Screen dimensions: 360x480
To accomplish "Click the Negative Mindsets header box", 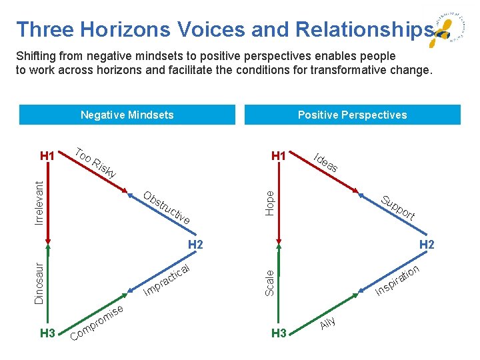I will coord(127,115).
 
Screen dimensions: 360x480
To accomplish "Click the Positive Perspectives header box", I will coord(352,115).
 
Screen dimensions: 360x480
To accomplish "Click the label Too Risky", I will coord(95,161).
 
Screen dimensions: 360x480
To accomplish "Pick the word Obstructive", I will coord(167,208).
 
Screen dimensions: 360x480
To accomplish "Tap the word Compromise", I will coord(97,323).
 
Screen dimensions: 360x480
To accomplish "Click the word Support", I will coord(398,208).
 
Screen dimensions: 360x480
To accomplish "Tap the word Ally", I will coord(328,322).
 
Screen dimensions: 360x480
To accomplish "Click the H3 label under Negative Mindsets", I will coord(47,333).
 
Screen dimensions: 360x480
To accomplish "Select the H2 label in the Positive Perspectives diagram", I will coord(427,245).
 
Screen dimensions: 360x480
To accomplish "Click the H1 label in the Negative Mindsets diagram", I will coord(47,156).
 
